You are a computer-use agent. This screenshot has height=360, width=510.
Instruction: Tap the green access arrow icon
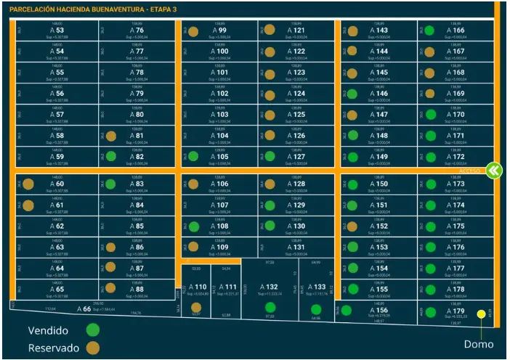coord(494,170)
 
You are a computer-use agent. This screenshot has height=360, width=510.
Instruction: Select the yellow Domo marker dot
coord(481,314)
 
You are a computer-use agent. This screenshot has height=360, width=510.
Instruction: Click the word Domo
coord(479,343)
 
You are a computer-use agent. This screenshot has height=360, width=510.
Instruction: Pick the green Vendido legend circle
coord(93,330)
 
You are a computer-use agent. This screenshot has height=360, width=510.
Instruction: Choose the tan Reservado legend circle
coord(93,348)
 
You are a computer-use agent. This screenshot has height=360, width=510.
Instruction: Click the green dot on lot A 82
coord(111,156)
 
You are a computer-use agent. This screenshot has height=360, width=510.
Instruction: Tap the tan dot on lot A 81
coord(111,136)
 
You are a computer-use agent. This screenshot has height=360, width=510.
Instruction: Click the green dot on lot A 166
coord(430,30)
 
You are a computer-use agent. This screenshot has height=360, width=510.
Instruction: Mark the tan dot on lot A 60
coord(28,184)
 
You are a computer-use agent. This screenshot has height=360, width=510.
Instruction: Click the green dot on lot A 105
coord(193,156)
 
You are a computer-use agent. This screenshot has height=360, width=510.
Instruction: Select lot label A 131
coord(298,247)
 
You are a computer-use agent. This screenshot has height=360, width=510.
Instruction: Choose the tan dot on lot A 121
coord(270,30)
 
